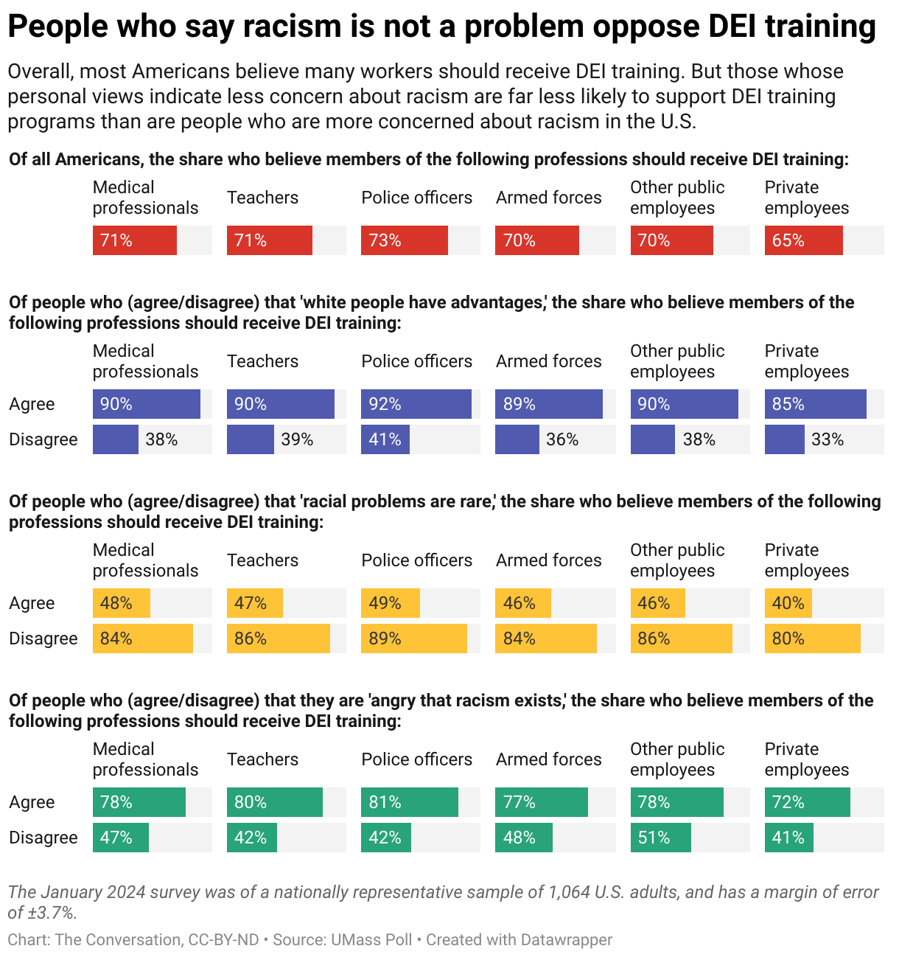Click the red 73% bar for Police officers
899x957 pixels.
pyautogui.click(x=404, y=240)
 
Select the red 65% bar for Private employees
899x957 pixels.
pyautogui.click(x=803, y=240)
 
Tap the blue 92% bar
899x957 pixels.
pyautogui.click(x=416, y=404)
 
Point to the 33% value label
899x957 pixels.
pyautogui.click(x=827, y=439)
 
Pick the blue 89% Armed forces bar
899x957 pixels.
pyautogui.click(x=548, y=404)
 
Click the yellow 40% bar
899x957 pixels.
pyautogui.click(x=788, y=603)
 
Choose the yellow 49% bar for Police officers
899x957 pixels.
pyautogui.click(x=390, y=603)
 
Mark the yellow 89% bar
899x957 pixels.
pyautogui.click(x=413, y=638)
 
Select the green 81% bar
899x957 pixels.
pyautogui.click(x=409, y=802)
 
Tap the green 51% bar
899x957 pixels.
pyautogui.click(x=660, y=838)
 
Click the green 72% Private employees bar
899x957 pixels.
pyautogui.click(x=807, y=802)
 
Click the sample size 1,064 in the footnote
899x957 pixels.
pyautogui.click(x=569, y=892)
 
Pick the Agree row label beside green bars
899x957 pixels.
pyautogui.click(x=32, y=802)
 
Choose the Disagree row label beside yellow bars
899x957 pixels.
pyautogui.click(x=43, y=638)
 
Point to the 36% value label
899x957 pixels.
pyautogui.click(x=562, y=439)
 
